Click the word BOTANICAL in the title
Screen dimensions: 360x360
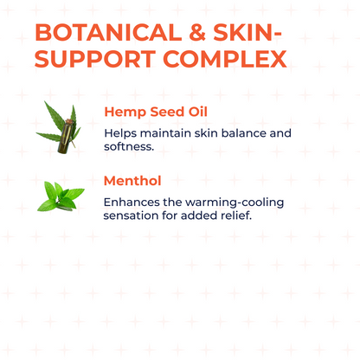pos(108,32)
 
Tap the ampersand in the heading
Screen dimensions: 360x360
pos(197,32)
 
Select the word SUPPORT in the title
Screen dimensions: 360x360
pos(95,59)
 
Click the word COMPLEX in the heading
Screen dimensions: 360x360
pos(225,59)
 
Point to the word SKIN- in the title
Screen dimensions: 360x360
pos(247,32)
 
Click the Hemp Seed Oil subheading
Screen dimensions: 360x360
pos(156,112)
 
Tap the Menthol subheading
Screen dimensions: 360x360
pos(132,181)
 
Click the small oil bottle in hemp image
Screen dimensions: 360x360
pos(66,136)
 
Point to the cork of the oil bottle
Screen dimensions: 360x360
pos(69,121)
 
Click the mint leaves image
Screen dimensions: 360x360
pos(61,196)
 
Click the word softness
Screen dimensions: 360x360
pos(129,146)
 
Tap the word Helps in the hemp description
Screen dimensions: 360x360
pos(120,133)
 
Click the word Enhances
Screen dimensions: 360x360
pos(132,202)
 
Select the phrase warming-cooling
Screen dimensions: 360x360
pos(235,202)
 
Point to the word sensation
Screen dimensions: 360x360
pos(131,215)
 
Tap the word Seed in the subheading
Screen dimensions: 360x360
pos(167,112)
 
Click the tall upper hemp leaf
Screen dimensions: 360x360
pos(55,115)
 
